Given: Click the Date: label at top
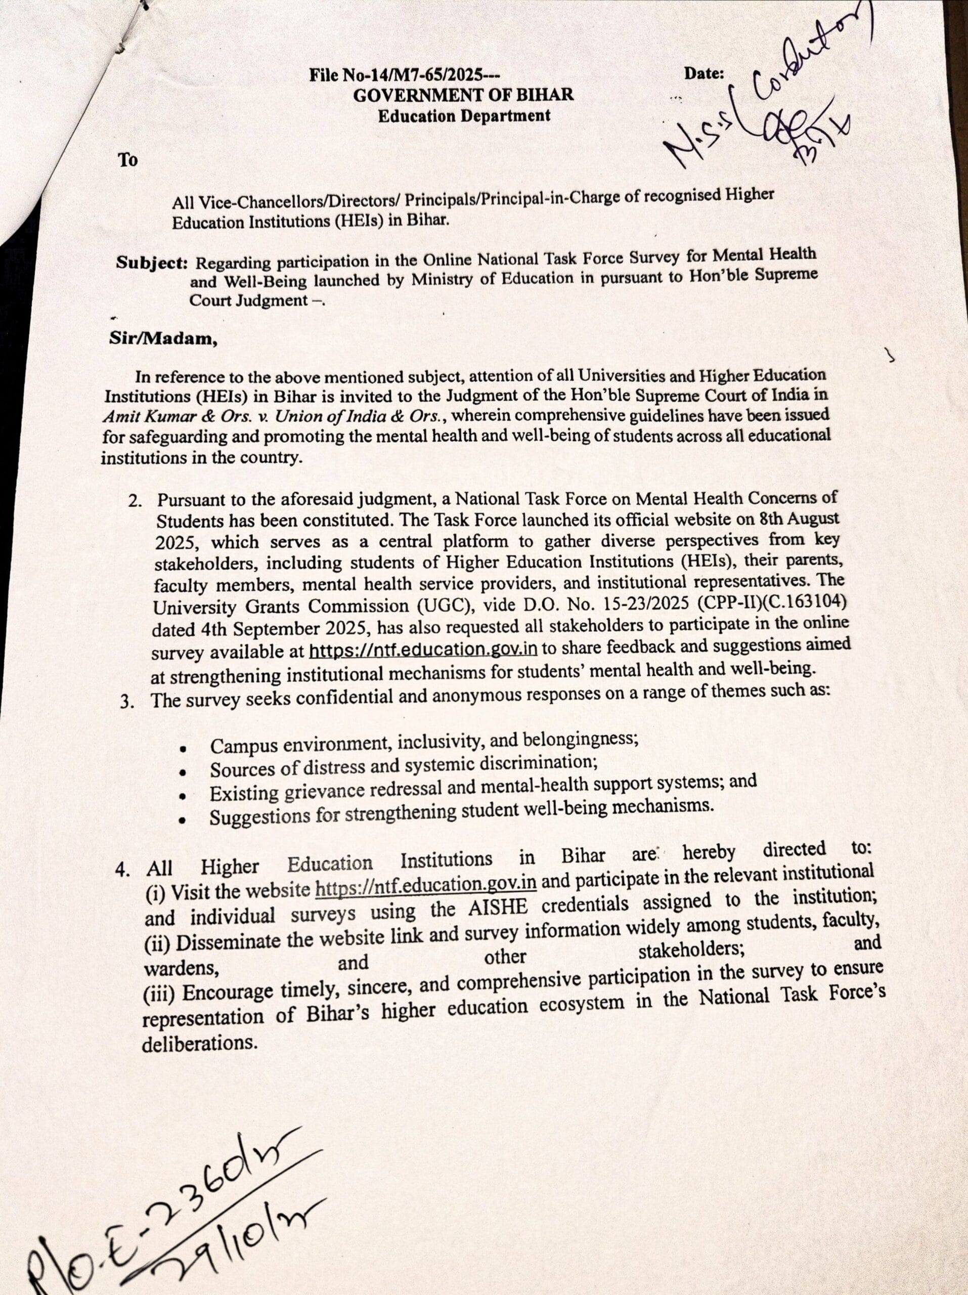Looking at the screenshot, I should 704,74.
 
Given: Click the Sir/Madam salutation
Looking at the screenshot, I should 162,339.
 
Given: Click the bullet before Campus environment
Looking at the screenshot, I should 184,749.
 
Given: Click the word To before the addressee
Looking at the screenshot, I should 127,160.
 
